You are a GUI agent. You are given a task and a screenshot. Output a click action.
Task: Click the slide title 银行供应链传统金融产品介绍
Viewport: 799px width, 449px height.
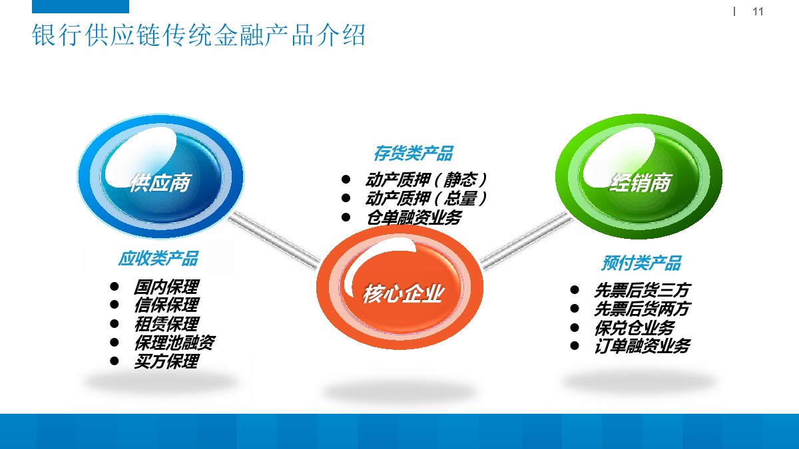tap(199, 36)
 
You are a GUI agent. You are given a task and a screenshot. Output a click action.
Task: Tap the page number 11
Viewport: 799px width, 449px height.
tap(758, 12)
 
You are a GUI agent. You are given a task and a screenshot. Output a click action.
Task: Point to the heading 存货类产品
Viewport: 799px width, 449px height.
tap(413, 154)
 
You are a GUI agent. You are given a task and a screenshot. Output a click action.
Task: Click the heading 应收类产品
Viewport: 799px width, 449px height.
tap(158, 258)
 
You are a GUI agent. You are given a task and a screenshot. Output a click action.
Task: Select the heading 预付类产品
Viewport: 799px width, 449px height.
tap(641, 263)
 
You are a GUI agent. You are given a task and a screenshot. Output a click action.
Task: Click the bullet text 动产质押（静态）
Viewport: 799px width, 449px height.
tap(426, 180)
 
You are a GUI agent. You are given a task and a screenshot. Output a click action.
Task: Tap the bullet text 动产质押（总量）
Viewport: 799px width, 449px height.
tap(426, 198)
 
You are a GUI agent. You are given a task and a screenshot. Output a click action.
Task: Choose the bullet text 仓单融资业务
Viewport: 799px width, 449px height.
tap(413, 217)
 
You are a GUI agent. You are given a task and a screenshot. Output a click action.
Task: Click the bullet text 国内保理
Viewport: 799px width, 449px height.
tap(166, 287)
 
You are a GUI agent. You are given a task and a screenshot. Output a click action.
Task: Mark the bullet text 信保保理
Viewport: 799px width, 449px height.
tap(166, 305)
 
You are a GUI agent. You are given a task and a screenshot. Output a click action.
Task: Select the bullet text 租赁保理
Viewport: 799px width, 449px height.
tap(166, 324)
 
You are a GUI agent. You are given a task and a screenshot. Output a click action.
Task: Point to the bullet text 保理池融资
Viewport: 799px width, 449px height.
tap(174, 343)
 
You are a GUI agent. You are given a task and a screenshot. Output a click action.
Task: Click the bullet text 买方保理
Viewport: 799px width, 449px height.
tap(166, 362)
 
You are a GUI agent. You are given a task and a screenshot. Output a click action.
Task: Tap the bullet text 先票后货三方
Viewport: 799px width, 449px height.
tap(642, 290)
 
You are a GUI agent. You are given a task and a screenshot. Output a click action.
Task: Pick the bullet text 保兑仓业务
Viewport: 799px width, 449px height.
tap(634, 327)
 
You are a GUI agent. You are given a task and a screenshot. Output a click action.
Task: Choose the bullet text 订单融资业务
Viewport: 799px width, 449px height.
tap(642, 346)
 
